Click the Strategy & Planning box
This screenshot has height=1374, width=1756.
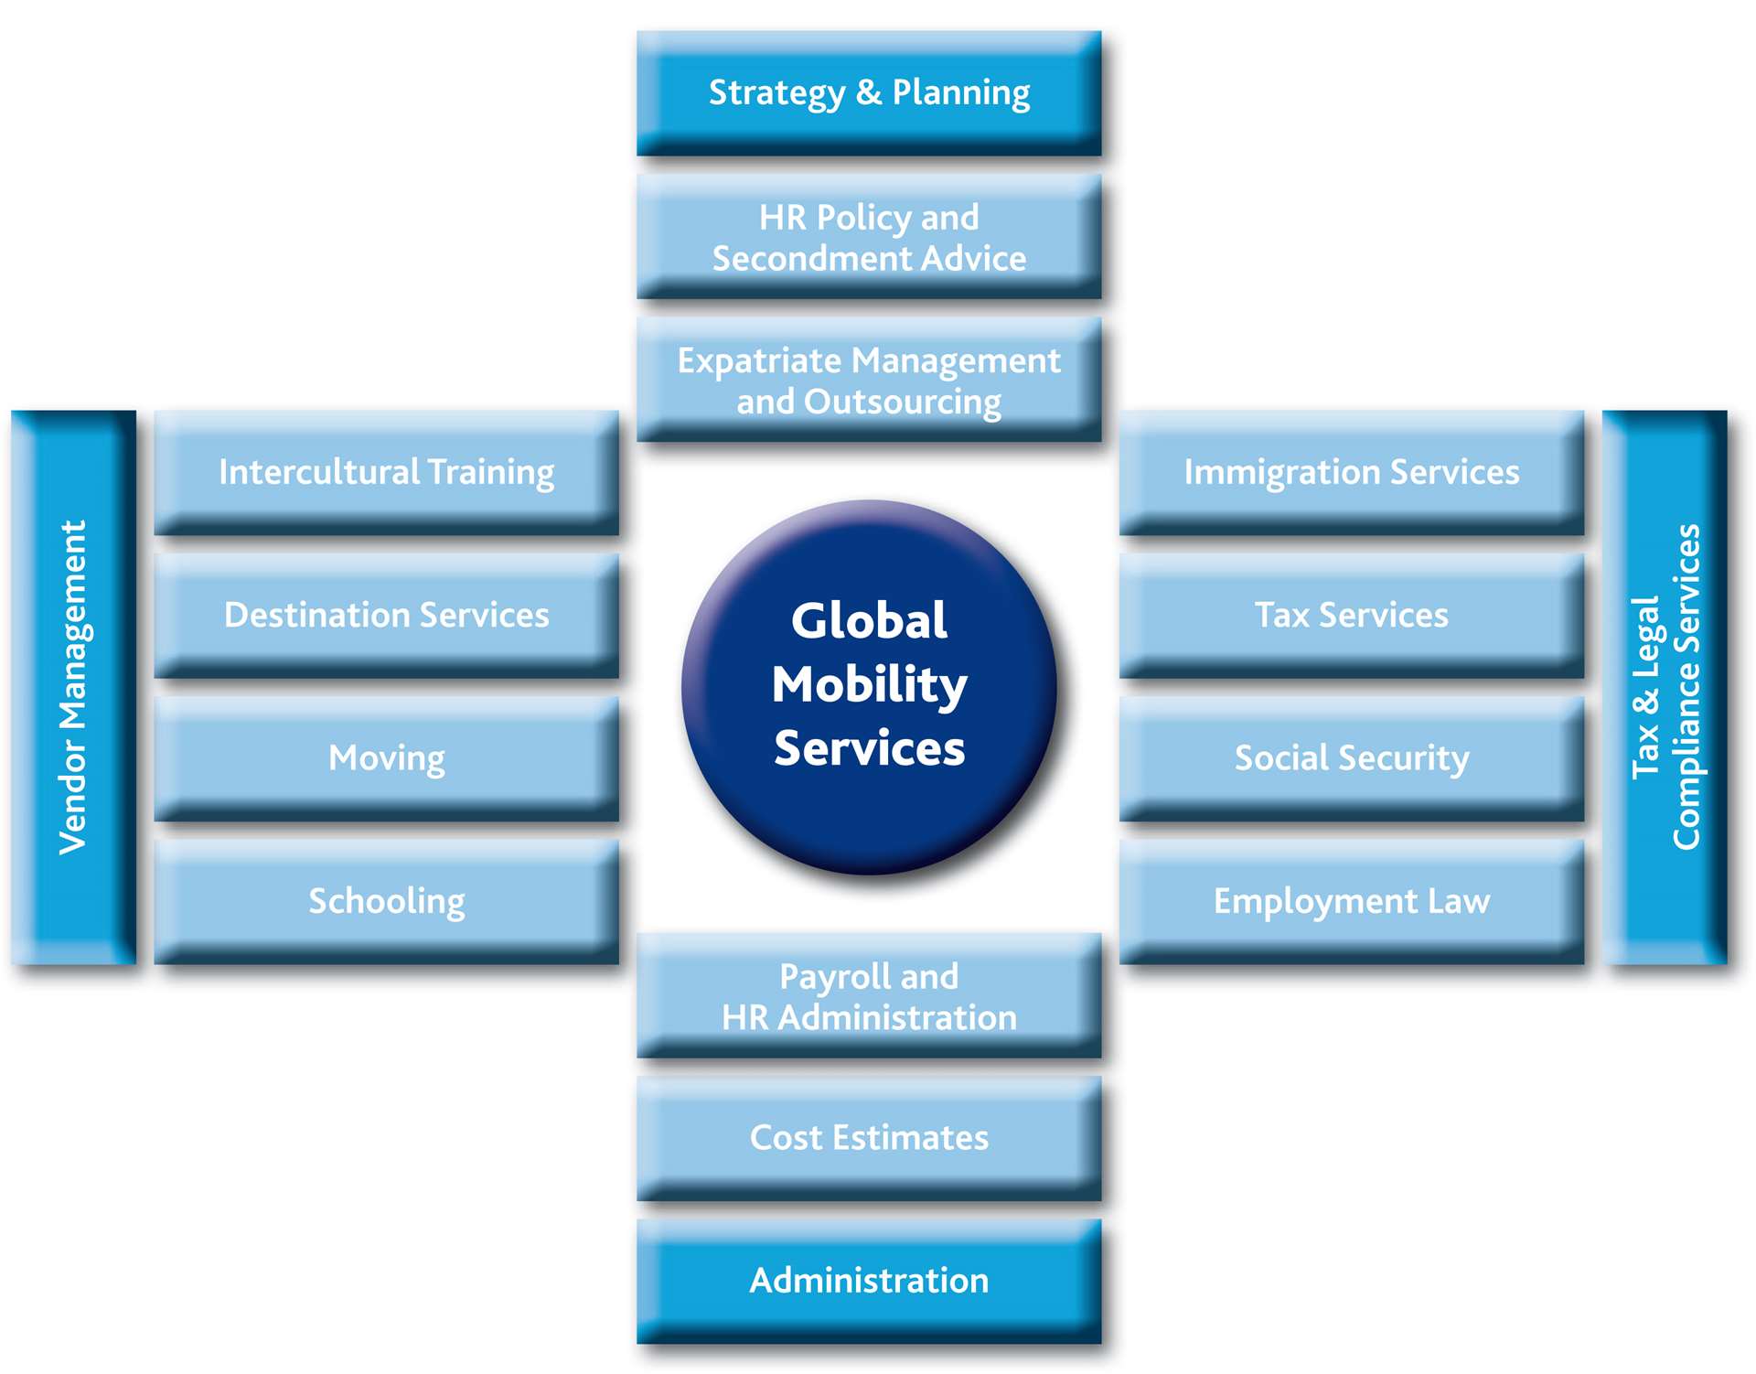click(x=869, y=92)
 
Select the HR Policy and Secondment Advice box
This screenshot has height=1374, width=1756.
click(x=869, y=237)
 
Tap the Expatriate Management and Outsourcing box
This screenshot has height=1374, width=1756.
click(x=869, y=380)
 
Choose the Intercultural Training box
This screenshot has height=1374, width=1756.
click(x=386, y=472)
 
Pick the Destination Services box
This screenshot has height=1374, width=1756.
click(x=386, y=615)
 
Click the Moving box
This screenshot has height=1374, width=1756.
click(x=386, y=758)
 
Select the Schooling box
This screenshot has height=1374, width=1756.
click(x=386, y=901)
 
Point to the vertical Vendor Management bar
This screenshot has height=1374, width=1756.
click(x=73, y=687)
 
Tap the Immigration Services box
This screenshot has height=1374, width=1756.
click(x=1352, y=472)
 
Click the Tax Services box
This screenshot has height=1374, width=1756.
click(x=1352, y=615)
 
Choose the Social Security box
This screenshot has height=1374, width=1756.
click(x=1352, y=758)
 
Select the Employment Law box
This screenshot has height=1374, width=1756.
click(x=1352, y=901)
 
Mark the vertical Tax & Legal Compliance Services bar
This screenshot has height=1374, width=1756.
click(x=1665, y=687)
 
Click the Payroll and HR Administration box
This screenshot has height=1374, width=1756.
click(x=869, y=996)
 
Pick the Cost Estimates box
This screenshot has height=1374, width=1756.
click(x=869, y=1138)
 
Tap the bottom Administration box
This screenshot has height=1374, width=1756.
click(x=869, y=1281)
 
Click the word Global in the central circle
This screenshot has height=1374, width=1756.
click(x=869, y=621)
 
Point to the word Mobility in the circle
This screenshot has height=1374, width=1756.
click(x=869, y=685)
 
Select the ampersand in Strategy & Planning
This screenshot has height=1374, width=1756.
click(x=869, y=92)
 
